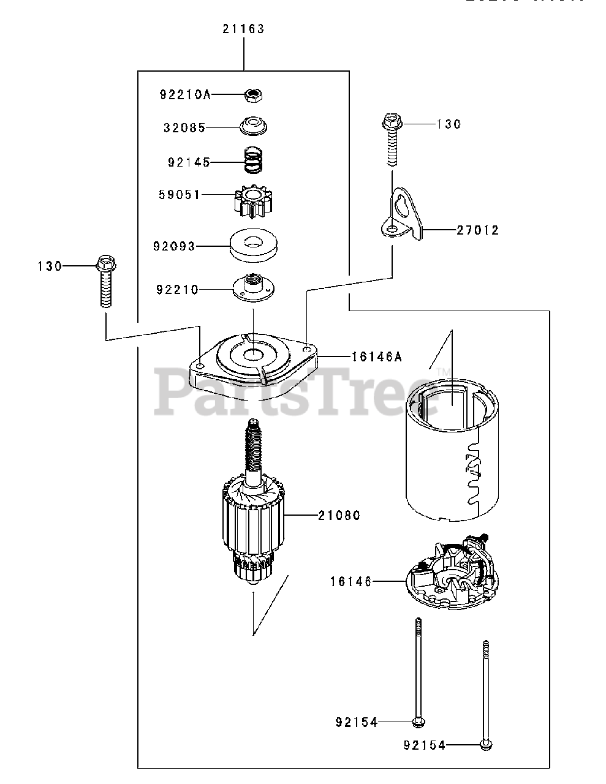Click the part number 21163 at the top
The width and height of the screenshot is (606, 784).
tap(243, 29)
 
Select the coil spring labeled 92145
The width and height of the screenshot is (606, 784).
tap(253, 160)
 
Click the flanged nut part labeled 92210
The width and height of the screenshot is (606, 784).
tap(252, 287)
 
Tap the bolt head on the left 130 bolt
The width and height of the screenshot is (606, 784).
tap(106, 266)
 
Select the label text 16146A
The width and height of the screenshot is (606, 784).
tap(376, 356)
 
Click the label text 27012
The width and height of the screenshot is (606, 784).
tap(477, 230)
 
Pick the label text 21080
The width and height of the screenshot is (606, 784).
tap(339, 516)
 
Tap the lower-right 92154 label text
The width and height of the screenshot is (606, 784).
tap(425, 745)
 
